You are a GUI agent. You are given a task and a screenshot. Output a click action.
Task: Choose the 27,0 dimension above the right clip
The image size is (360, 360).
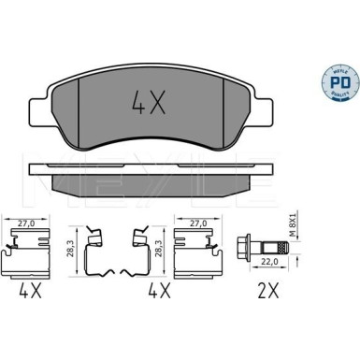198,223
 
